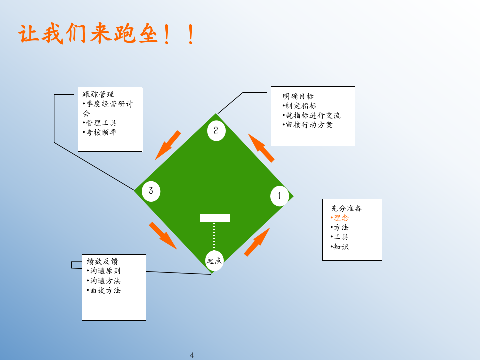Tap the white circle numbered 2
click(x=216, y=131)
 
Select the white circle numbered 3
click(x=151, y=191)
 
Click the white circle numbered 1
click(x=279, y=196)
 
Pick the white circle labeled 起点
click(x=214, y=261)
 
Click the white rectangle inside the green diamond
click(x=215, y=218)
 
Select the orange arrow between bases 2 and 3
click(x=168, y=145)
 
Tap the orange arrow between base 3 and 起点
click(x=163, y=235)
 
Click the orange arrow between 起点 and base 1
click(x=257, y=242)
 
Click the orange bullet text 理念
click(x=341, y=218)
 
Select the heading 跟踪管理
click(x=98, y=94)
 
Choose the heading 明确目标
click(x=298, y=96)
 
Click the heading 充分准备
click(x=346, y=208)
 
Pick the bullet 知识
click(x=341, y=246)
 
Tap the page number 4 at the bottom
click(x=192, y=355)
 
